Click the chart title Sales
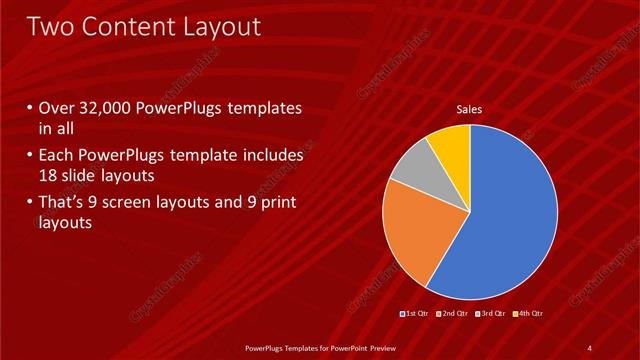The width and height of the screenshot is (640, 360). tap(469, 109)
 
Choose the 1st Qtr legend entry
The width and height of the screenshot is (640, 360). tap(416, 315)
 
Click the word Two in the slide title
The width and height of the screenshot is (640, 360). tap(52, 26)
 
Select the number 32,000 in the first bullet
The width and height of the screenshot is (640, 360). tap(109, 109)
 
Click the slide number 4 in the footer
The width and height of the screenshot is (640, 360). tap(590, 347)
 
